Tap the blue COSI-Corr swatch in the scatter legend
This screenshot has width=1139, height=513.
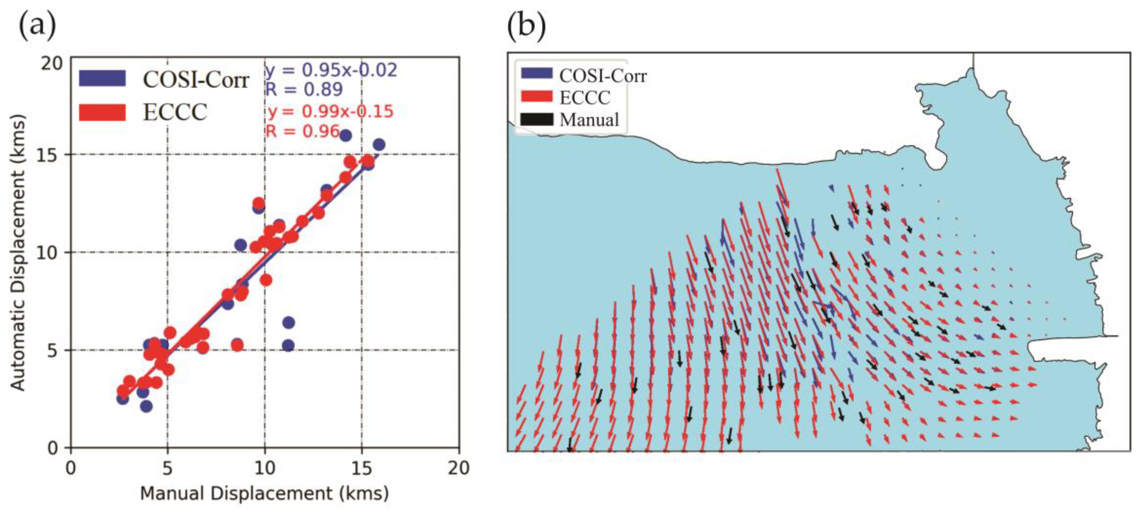pyautogui.click(x=102, y=78)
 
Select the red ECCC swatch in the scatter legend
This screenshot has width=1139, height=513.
pyautogui.click(x=102, y=112)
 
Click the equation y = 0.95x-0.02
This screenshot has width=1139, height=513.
pyautogui.click(x=331, y=70)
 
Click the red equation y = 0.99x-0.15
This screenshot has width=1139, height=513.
pyautogui.click(x=330, y=111)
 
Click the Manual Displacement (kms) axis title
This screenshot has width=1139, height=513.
pyautogui.click(x=264, y=494)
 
